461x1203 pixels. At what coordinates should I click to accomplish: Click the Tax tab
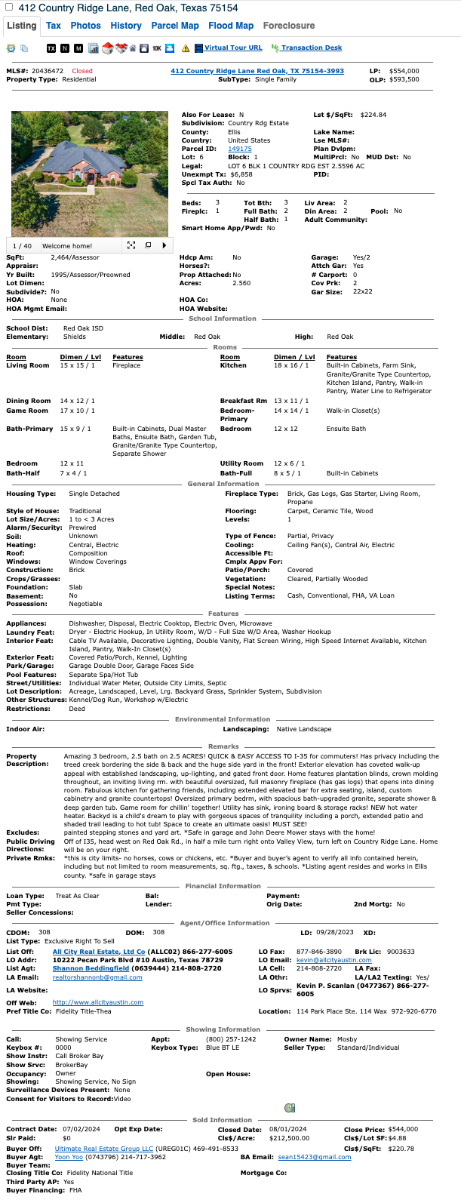[53, 26]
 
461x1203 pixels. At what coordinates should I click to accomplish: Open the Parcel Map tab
[175, 26]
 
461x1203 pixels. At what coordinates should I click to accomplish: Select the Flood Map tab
[231, 26]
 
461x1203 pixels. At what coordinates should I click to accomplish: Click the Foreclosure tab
[289, 26]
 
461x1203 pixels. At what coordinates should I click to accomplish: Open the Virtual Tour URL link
[233, 48]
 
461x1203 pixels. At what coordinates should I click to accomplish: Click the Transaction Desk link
[312, 48]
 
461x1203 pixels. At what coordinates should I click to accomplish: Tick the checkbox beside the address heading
[10, 8]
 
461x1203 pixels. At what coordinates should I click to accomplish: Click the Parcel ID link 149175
[240, 149]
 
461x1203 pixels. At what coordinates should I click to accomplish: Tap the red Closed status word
[82, 71]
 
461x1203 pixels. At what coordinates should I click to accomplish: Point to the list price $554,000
[404, 71]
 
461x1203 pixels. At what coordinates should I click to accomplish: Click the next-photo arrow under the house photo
[164, 245]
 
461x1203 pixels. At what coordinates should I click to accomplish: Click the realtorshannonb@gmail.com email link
[97, 977]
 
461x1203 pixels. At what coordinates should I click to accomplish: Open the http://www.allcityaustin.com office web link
[98, 1002]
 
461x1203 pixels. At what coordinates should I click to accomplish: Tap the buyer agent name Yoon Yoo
[69, 1157]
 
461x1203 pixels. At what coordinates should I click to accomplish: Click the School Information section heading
[223, 318]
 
